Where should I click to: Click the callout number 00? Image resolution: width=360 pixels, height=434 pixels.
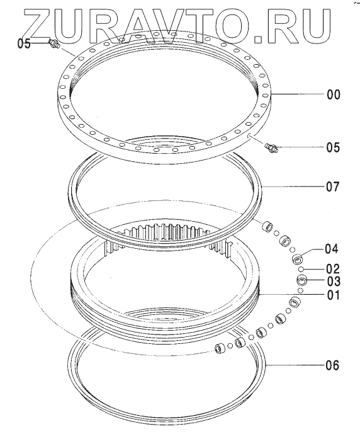coord(334,94)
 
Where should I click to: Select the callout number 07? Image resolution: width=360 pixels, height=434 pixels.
coord(333,187)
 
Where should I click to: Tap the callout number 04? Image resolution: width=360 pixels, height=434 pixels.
coord(332,249)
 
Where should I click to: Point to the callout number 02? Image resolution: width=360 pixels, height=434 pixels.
coord(333,269)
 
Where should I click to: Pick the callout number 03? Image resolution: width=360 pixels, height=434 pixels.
coord(334,282)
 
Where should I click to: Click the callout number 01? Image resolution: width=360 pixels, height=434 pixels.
coord(333,295)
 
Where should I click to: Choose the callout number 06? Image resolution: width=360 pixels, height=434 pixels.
coord(332,365)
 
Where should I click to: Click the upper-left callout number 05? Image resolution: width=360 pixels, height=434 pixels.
coord(24,43)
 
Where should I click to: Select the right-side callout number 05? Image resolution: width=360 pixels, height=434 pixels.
coord(333,147)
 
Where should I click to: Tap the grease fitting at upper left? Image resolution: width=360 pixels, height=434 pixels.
coord(54,43)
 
